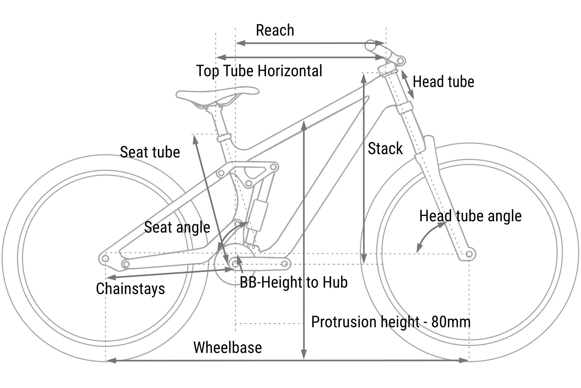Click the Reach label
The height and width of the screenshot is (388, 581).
pyautogui.click(x=275, y=30)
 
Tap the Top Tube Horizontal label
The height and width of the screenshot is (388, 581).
pyautogui.click(x=259, y=71)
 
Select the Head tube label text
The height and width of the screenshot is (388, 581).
pyautogui.click(x=443, y=81)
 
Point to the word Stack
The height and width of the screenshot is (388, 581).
pyautogui.click(x=385, y=149)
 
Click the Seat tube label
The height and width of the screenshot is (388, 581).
pyautogui.click(x=150, y=152)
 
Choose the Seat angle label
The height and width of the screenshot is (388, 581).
pyautogui.click(x=177, y=227)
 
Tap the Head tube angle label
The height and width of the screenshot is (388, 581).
pyautogui.click(x=470, y=216)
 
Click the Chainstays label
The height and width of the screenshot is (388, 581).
pyautogui.click(x=130, y=289)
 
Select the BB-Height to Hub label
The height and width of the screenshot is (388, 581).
pyautogui.click(x=294, y=282)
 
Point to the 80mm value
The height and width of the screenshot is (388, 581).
pyautogui.click(x=451, y=322)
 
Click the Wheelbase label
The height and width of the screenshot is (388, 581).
pyautogui.click(x=227, y=348)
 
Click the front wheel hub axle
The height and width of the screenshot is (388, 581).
pyautogui.click(x=469, y=254)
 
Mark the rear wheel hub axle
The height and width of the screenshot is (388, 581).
pyautogui.click(x=105, y=258)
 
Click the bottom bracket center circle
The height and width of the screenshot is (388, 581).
pyautogui.click(x=235, y=264)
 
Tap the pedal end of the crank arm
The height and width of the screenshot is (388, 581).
pyautogui.click(x=285, y=264)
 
